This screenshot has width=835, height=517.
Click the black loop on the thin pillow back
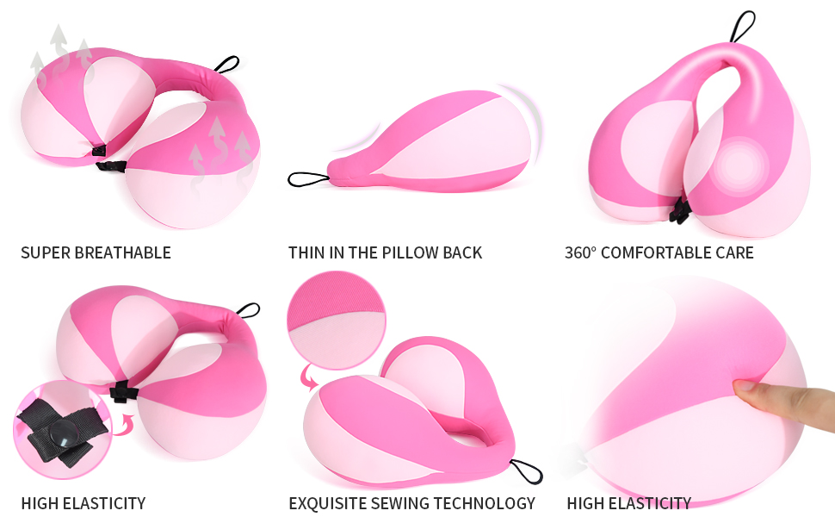308,179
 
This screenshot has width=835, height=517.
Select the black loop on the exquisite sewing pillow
526,471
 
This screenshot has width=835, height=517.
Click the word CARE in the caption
733,252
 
